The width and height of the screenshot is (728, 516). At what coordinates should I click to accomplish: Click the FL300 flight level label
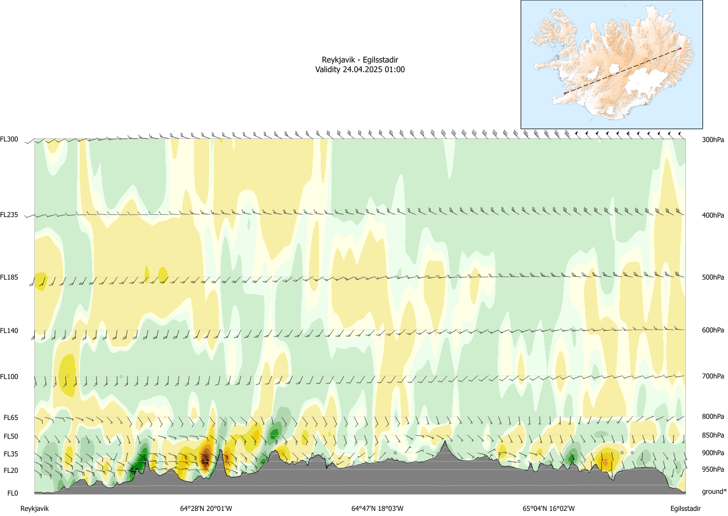point(9,139)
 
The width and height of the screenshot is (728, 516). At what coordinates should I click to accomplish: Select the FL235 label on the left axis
point(9,215)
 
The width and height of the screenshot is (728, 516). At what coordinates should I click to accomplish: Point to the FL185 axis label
point(9,277)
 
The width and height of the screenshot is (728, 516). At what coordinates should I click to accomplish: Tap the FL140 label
point(9,330)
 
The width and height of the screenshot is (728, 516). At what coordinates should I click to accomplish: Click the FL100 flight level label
point(9,376)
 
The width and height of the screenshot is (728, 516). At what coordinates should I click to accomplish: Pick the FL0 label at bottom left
point(12,493)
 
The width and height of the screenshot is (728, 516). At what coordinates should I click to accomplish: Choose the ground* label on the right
point(714,492)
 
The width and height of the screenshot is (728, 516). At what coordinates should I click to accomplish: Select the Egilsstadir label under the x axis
point(685,509)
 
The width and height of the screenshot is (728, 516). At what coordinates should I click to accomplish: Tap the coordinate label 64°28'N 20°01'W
point(206,509)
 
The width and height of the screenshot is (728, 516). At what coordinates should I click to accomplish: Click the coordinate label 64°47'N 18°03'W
point(377,509)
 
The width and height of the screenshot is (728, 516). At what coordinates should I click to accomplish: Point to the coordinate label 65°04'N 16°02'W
point(548,509)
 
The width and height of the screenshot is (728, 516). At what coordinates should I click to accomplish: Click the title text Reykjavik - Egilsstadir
point(359,60)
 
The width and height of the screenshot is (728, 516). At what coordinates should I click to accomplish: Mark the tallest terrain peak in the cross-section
point(444,442)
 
